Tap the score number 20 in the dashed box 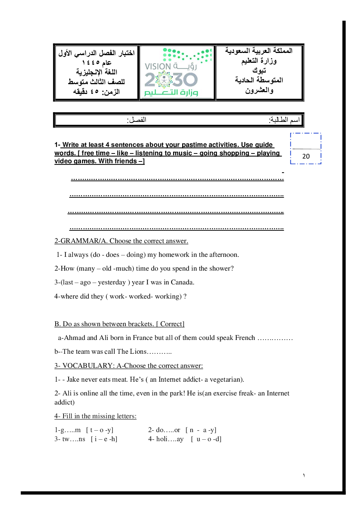pos(306,156)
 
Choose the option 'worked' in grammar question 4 pos(140,296)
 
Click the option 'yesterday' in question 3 pos(112,282)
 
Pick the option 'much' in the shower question pos(125,268)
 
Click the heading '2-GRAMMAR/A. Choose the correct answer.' pos(121,241)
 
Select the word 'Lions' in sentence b pos(138,352)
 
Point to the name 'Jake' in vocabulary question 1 pos(73,379)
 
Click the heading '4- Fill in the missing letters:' pos(95,416)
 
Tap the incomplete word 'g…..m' pos(68,430)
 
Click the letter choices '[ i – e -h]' pos(104,439)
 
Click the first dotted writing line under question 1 pos(177,179)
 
